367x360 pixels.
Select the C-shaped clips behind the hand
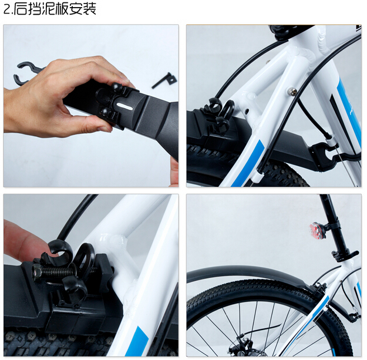click(28, 73)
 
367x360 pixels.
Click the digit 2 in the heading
click(7, 10)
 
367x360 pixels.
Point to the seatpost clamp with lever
click(344, 255)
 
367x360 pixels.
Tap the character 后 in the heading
click(20, 9)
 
